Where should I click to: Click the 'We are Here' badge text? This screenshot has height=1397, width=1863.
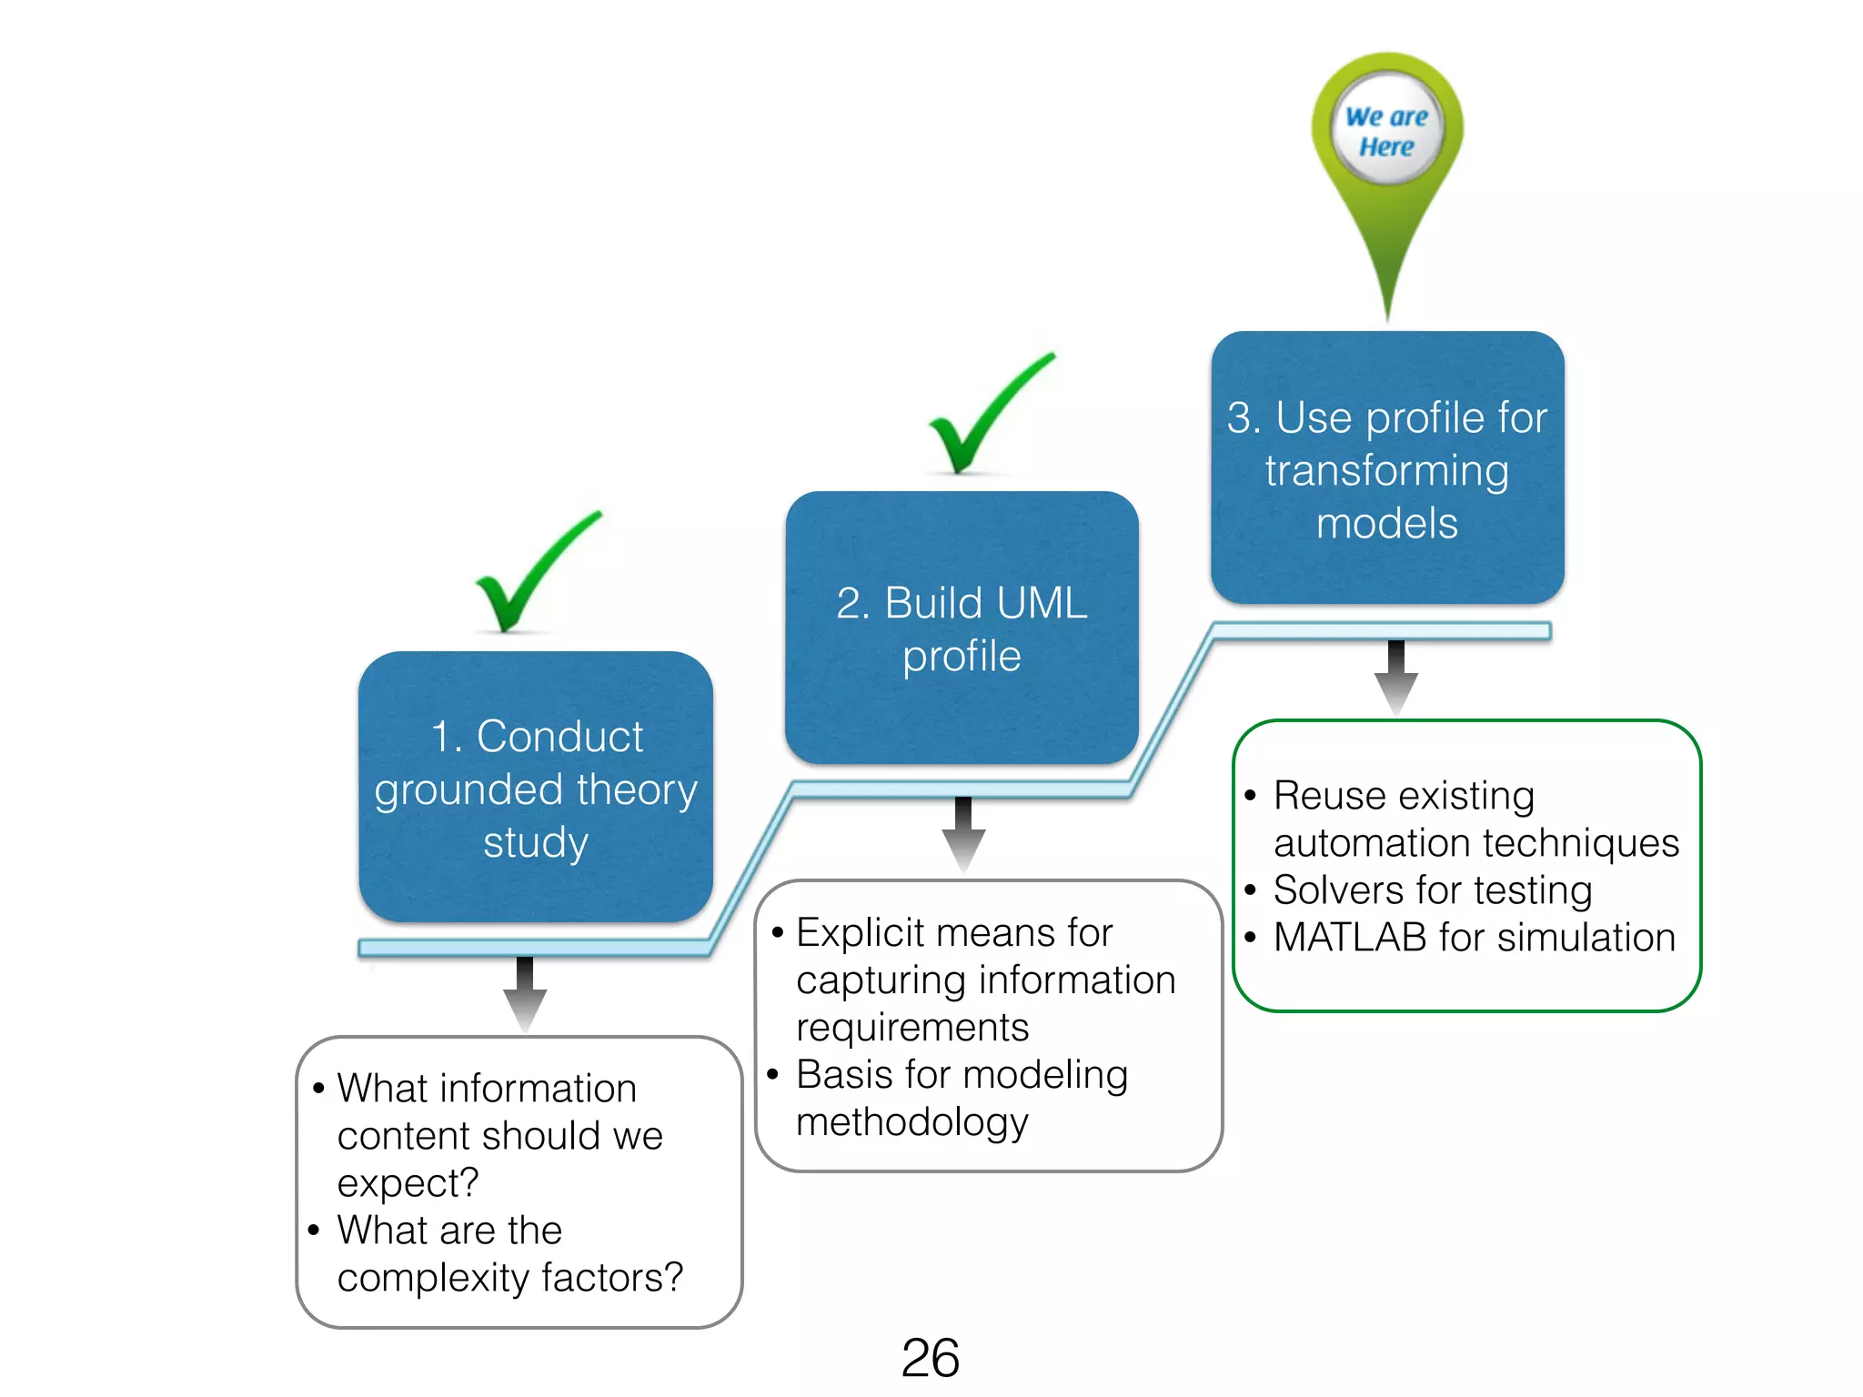[1386, 131]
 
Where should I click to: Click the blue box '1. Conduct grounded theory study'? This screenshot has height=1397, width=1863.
[536, 788]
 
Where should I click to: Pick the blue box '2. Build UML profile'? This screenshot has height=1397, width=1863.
[962, 628]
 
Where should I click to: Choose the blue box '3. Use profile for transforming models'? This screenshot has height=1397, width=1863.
[1387, 468]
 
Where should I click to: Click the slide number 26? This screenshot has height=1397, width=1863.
[930, 1357]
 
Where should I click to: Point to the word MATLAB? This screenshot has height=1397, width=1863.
[1350, 937]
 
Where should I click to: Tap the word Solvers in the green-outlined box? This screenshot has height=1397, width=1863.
[1342, 889]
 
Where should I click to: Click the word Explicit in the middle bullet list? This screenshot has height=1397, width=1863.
[861, 932]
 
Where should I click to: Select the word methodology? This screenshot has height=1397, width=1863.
[911, 1122]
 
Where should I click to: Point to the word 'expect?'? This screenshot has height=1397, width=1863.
[408, 1183]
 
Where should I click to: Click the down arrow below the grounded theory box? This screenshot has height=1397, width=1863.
[525, 994]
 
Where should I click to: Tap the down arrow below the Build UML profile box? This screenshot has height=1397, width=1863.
[963, 835]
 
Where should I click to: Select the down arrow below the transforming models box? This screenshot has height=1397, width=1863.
[1396, 678]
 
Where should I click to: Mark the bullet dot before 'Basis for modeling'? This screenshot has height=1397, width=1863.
[773, 1075]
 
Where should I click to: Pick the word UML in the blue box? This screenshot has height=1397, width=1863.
[1031, 603]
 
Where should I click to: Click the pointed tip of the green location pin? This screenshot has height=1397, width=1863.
[1387, 315]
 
